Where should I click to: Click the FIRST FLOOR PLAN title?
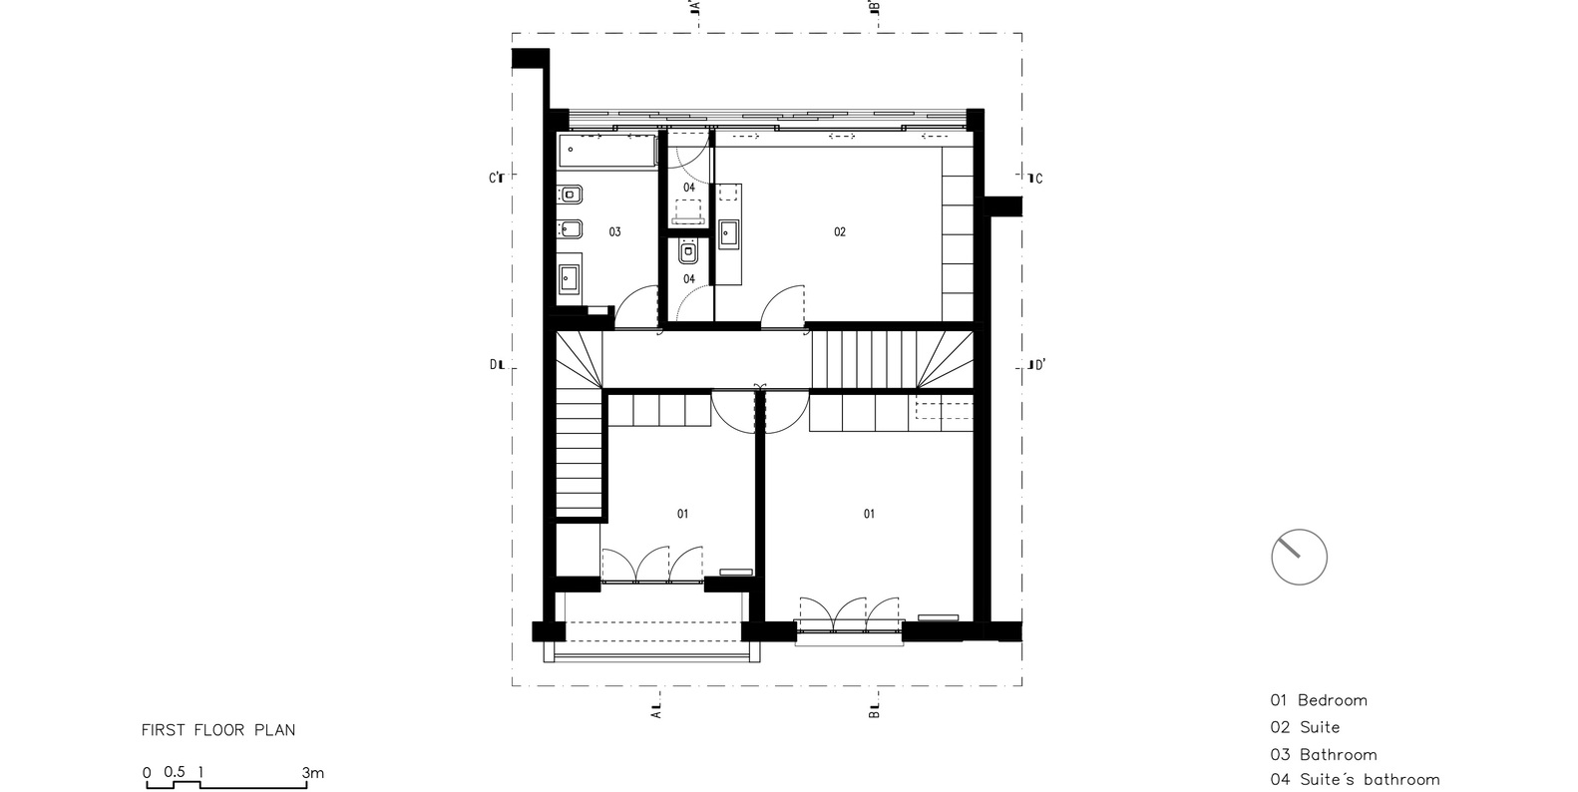tap(218, 730)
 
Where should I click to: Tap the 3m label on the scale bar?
tap(313, 772)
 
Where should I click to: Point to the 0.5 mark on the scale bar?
tap(175, 772)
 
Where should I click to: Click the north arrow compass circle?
tap(1299, 557)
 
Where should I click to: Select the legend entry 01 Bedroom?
tap(1318, 700)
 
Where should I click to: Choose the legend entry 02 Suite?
tap(1305, 727)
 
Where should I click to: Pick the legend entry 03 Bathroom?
tap(1323, 755)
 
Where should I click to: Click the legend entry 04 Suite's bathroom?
tap(1355, 780)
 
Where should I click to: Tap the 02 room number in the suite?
tap(840, 231)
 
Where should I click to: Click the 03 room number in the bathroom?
tap(614, 231)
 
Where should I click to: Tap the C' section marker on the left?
tap(496, 179)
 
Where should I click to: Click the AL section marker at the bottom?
tap(655, 710)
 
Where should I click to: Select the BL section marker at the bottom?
tap(873, 710)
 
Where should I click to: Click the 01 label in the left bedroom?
tap(682, 514)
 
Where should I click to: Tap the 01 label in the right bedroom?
tap(869, 514)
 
